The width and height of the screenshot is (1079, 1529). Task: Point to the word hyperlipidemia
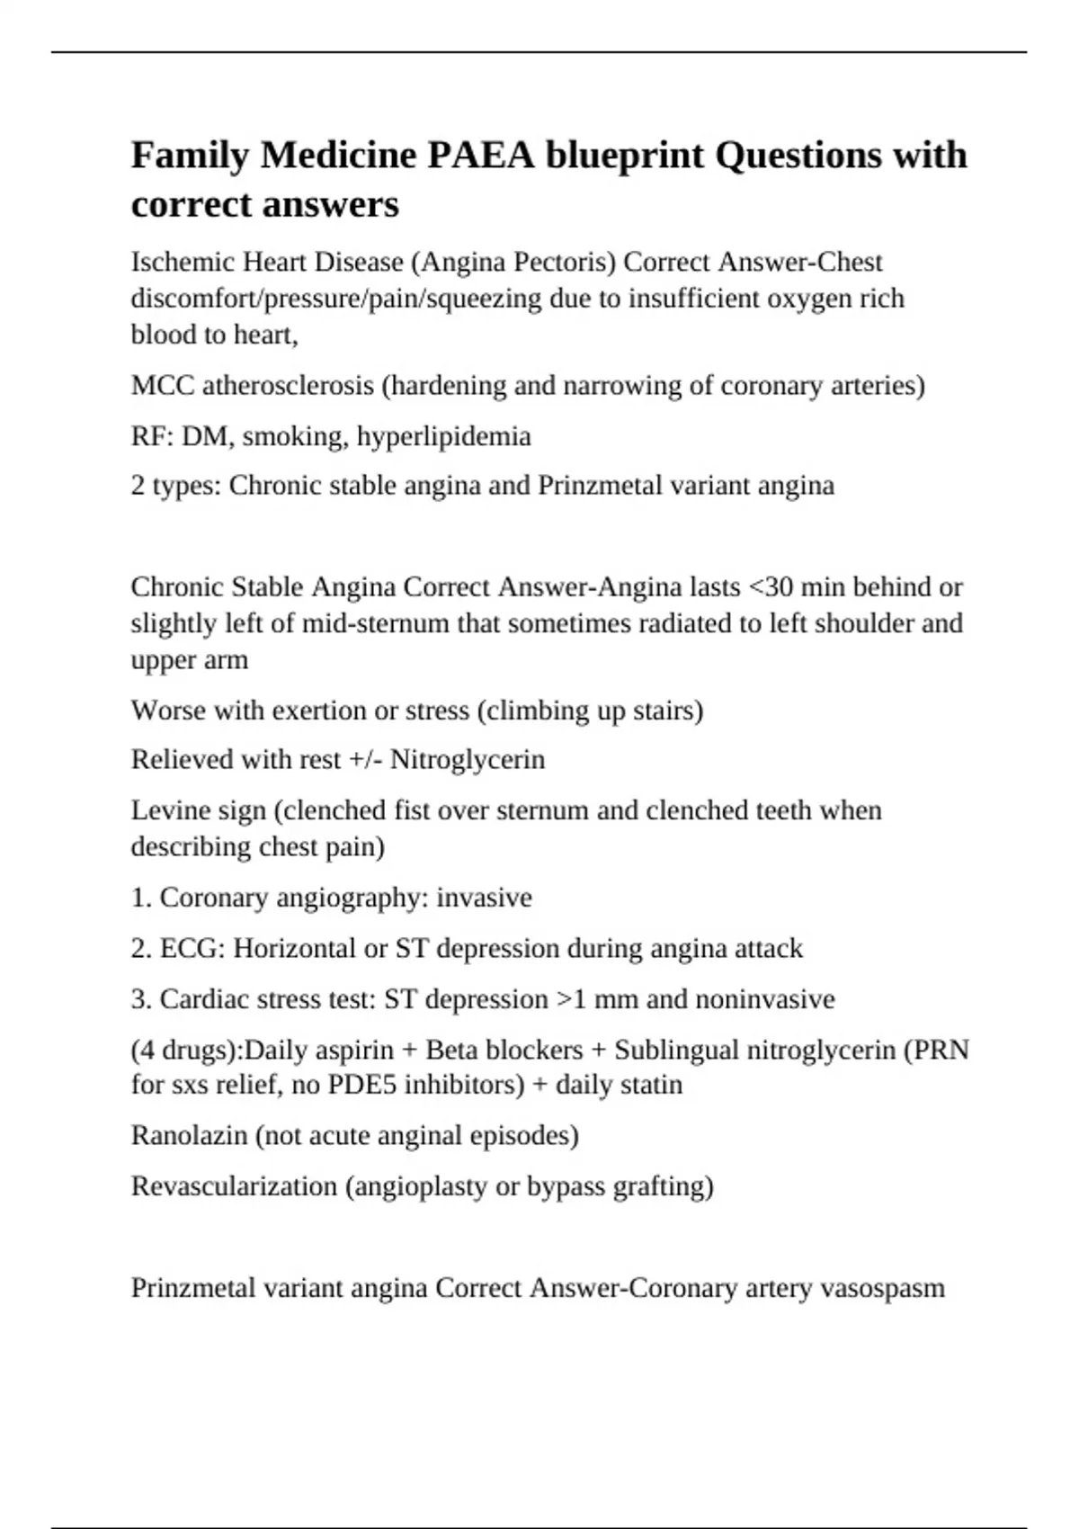[x=443, y=437]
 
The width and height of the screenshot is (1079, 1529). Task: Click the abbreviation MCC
[x=163, y=386]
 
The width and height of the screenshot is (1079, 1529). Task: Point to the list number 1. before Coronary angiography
[x=141, y=898]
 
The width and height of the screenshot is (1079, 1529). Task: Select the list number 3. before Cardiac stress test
[x=141, y=999]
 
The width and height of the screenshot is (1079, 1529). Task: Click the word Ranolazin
[x=190, y=1136]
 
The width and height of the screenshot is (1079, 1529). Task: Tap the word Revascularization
[x=235, y=1186]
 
